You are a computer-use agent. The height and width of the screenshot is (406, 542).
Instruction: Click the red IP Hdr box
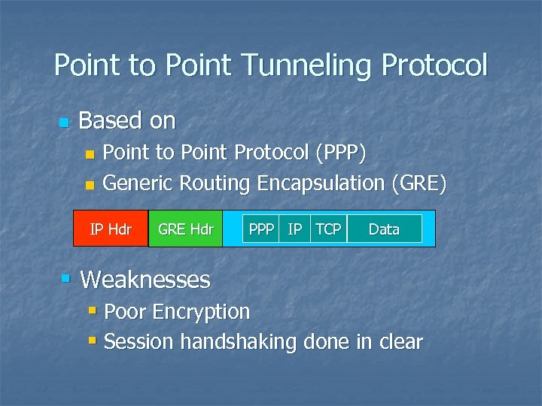coord(111,229)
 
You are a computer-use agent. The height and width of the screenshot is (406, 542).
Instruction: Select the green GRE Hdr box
coord(186,229)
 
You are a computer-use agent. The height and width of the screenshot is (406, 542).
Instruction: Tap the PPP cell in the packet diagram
coord(261,229)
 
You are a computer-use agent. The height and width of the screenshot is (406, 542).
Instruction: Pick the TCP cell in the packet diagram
coord(327,229)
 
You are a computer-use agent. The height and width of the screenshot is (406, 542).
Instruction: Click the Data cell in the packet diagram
coord(384,229)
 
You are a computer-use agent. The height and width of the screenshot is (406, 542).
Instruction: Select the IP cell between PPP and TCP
coord(295,229)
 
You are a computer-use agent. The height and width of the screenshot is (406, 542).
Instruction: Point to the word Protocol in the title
coord(434,66)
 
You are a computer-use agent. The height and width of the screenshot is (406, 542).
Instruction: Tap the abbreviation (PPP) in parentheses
coord(341,153)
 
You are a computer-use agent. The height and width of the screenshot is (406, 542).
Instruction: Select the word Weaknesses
coord(145,280)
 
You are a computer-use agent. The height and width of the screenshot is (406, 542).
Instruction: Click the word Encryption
coord(204,311)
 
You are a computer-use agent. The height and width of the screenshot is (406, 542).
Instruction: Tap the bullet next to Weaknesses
coord(66,279)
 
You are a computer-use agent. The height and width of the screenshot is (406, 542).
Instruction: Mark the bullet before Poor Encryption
coord(92,310)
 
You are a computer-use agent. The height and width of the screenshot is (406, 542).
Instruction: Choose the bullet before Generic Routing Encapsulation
coord(90,184)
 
